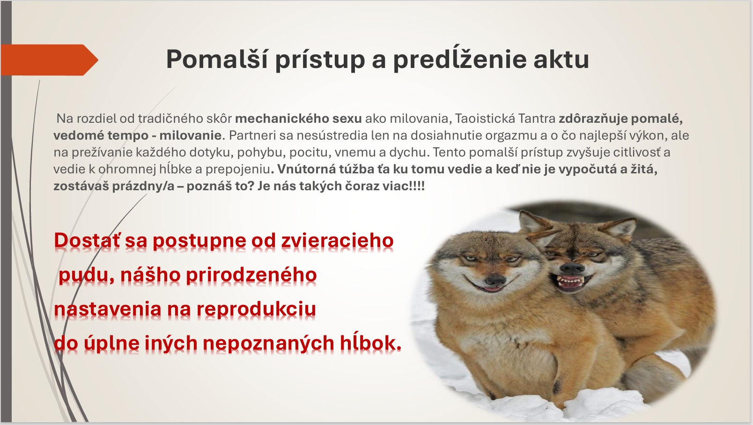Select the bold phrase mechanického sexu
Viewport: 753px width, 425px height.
pos(298,119)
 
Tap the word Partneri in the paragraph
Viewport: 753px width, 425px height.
pos(250,135)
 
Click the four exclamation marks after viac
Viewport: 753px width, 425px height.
pos(418,186)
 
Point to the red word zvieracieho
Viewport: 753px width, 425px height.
pos(337,241)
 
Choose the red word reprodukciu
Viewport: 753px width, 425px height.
pos(256,309)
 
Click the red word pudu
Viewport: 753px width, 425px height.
pos(86,276)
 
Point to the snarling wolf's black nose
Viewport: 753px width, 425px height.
pos(573,268)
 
